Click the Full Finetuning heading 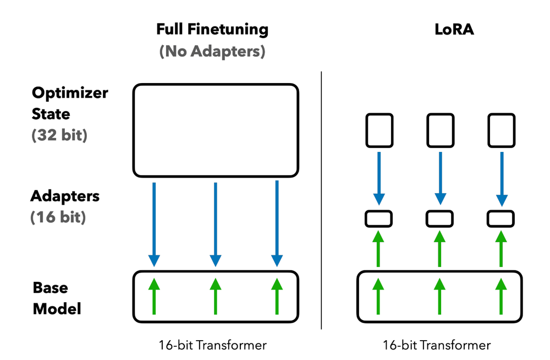click(x=212, y=30)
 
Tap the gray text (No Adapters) click(x=212, y=52)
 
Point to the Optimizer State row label click(x=70, y=103)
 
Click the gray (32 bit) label click(x=59, y=135)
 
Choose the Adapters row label click(x=65, y=196)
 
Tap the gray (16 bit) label click(x=58, y=217)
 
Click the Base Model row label click(x=57, y=298)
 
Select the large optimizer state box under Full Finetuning click(x=215, y=130)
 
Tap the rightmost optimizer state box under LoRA click(x=501, y=131)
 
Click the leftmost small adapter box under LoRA click(x=378, y=219)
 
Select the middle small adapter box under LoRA click(x=439, y=219)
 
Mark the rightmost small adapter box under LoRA click(x=501, y=219)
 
